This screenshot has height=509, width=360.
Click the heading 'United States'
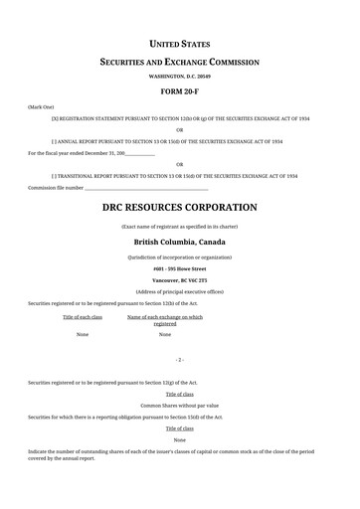pyautogui.click(x=179, y=44)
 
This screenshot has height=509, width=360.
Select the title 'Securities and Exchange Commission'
pyautogui.click(x=179, y=62)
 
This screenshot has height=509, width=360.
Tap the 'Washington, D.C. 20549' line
pyautogui.click(x=179, y=76)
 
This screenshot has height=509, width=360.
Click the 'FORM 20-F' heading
pyautogui.click(x=179, y=90)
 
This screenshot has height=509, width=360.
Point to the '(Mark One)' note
pyautogui.click(x=41, y=104)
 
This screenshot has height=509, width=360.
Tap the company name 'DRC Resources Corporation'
pyautogui.click(x=179, y=209)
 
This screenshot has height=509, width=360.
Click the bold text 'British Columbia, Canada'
pyautogui.click(x=179, y=242)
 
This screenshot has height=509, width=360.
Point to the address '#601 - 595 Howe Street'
pyautogui.click(x=179, y=268)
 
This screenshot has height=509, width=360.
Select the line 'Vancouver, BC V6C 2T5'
pyautogui.click(x=179, y=280)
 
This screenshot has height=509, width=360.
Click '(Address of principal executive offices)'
pyautogui.click(x=179, y=291)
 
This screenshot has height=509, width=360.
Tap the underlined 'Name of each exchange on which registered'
pyautogui.click(x=165, y=320)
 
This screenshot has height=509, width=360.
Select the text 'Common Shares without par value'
pyautogui.click(x=179, y=406)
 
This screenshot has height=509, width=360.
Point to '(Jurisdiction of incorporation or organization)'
pyautogui.click(x=179, y=256)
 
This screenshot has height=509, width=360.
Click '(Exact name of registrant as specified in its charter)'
pyautogui.click(x=179, y=227)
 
